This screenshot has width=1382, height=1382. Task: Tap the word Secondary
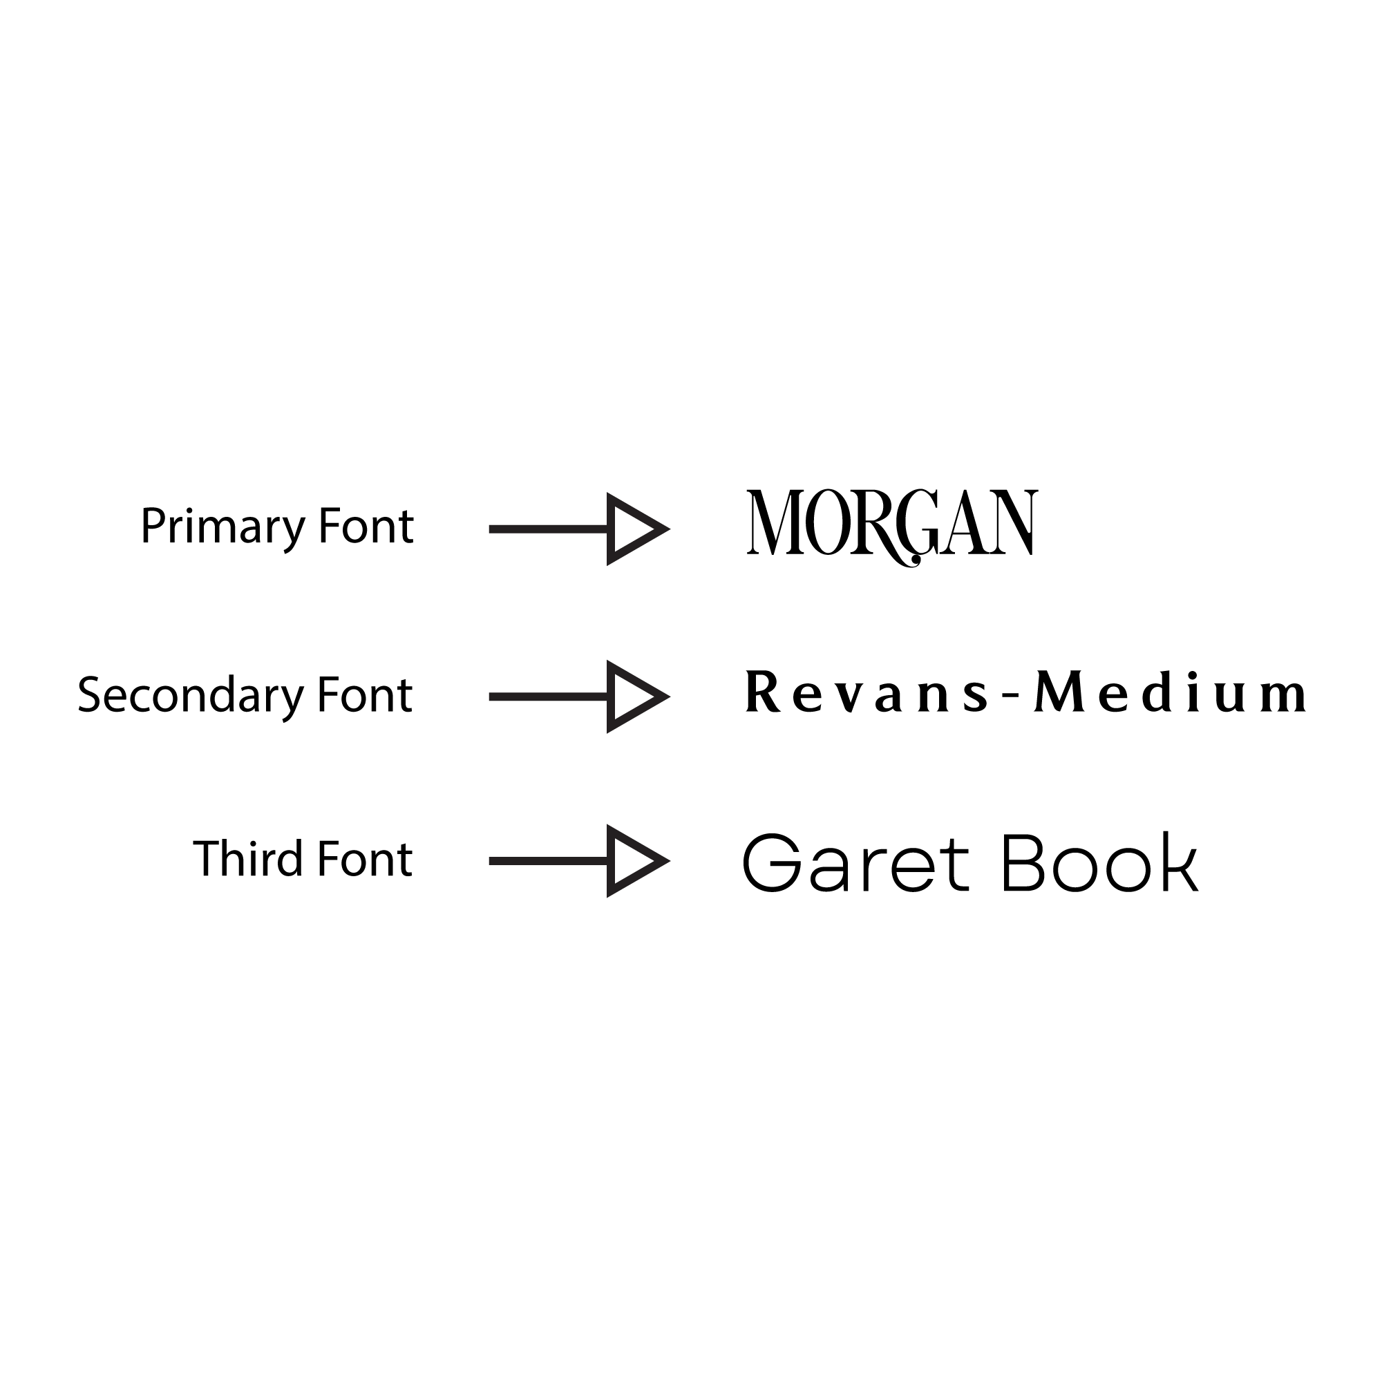coord(190,695)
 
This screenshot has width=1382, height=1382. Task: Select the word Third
coord(247,859)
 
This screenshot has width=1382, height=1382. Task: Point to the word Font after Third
coord(365,859)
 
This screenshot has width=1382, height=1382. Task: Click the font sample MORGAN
coord(891,524)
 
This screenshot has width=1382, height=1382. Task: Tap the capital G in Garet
coord(773,862)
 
